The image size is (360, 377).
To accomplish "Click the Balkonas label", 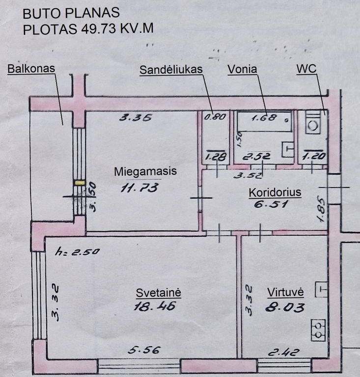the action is coord(31,69).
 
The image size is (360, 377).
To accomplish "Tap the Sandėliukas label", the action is coord(171,70).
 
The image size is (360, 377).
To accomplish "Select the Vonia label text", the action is coord(242,69).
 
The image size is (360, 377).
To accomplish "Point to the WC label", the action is coord(306,69).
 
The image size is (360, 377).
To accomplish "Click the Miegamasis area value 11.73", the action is coord(139,188).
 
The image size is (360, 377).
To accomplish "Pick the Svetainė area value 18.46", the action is coord(155,306).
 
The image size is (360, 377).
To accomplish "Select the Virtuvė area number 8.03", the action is coord(285,308).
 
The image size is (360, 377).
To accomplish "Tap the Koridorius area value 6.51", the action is coord(271,205).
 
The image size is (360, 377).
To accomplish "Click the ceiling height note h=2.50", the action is coord(77,252).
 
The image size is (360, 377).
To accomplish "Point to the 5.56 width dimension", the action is coord(144,350).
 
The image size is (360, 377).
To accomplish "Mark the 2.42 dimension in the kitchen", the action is coord(284,352).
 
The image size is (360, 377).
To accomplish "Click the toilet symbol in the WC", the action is coord(313,122).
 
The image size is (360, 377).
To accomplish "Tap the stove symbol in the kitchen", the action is coord(318,330).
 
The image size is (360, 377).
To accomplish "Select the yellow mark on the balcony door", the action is coord(80,183).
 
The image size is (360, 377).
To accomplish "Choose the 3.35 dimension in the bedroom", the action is coord(136,118).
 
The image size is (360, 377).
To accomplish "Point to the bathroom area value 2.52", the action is coord(256,157).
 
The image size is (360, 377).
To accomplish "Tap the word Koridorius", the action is coord(275,192).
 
